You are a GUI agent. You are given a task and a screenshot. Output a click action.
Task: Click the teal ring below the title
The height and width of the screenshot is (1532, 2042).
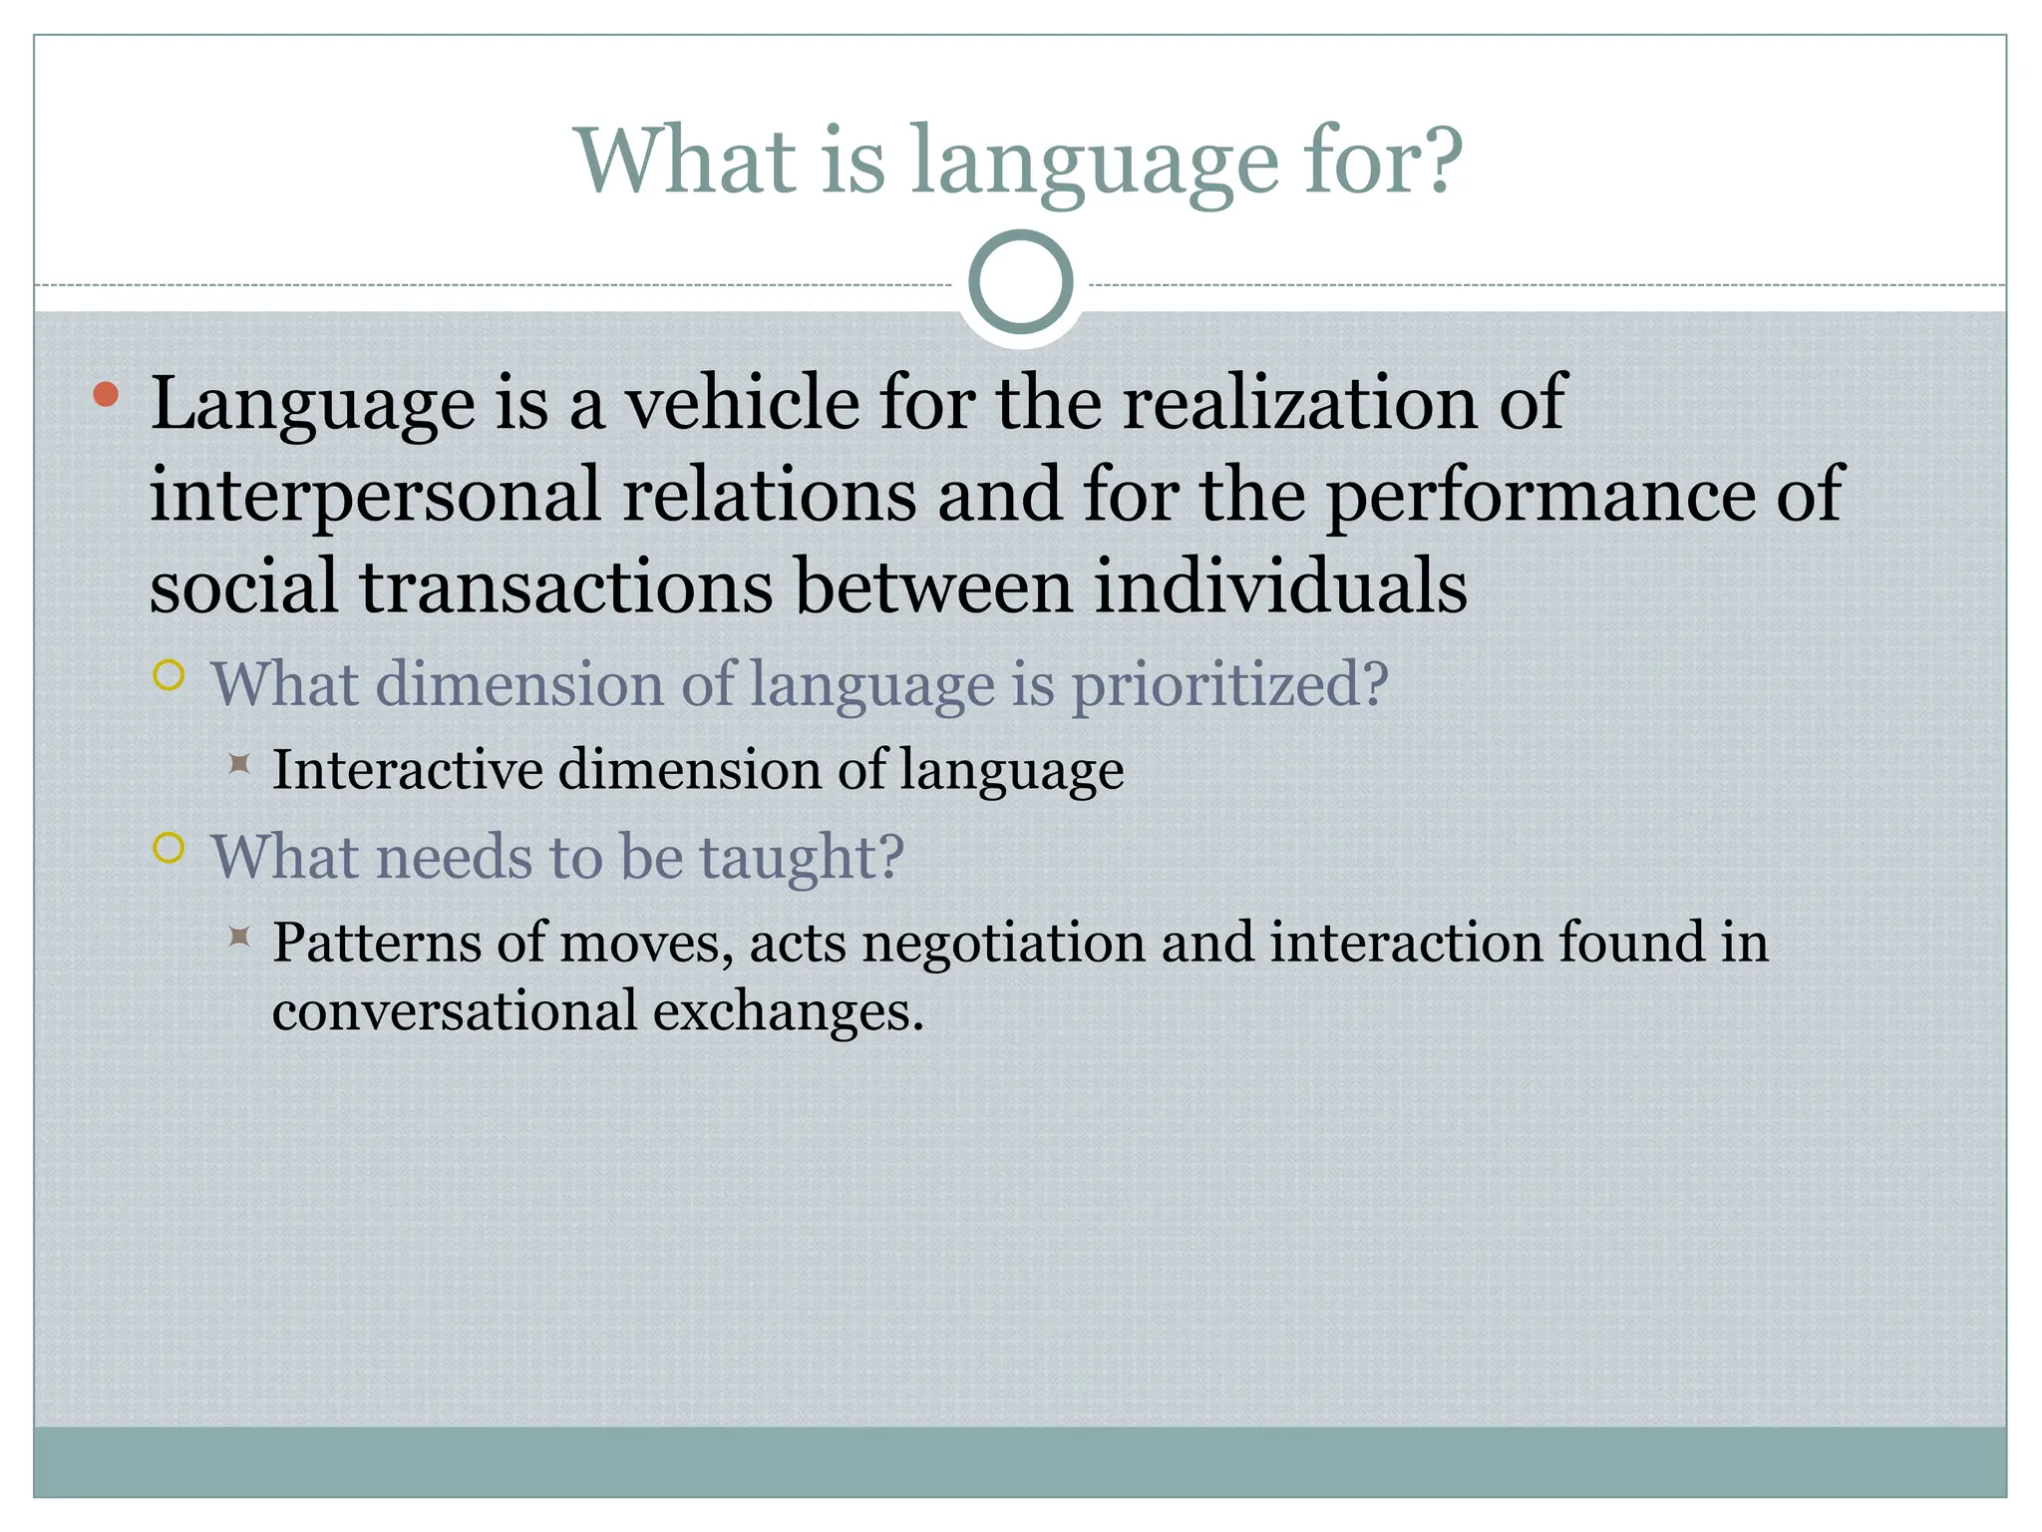click(1021, 282)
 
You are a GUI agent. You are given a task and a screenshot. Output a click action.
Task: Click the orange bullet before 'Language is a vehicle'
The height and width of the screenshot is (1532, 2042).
click(106, 395)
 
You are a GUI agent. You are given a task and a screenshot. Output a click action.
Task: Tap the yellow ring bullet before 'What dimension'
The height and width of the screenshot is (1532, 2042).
click(170, 676)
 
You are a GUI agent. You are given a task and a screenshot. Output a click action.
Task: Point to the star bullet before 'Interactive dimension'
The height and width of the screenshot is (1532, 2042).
click(238, 764)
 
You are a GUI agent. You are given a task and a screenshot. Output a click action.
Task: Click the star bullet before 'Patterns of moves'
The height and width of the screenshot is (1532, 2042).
click(238, 937)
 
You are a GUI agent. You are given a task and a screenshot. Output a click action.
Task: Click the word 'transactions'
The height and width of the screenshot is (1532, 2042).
click(565, 586)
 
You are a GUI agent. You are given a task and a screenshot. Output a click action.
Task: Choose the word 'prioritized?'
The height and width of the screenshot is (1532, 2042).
click(1229, 686)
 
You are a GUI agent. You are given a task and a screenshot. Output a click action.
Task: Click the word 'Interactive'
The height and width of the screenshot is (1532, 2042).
click(409, 770)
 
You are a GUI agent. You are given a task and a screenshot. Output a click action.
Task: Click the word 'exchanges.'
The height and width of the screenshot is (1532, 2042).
click(789, 1011)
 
